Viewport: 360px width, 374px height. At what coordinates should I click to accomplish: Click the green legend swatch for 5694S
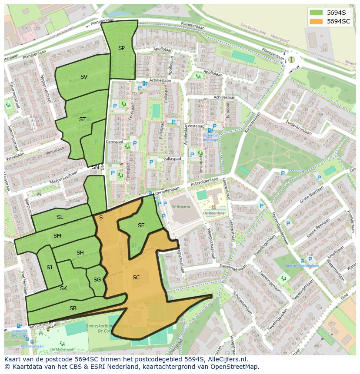[317, 13]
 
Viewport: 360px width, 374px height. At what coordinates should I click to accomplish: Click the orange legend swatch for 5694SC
[317, 21]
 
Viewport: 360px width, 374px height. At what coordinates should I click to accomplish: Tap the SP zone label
[121, 48]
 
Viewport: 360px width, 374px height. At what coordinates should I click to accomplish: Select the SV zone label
[84, 77]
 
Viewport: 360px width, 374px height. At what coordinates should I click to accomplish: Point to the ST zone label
[82, 119]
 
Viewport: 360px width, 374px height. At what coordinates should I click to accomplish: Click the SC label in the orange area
[136, 277]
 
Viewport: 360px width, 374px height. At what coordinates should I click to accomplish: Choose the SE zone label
[141, 225]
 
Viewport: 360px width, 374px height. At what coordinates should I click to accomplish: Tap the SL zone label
[60, 217]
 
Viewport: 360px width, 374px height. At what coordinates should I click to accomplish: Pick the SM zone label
[57, 235]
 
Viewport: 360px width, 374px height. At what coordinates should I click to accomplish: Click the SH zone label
[80, 253]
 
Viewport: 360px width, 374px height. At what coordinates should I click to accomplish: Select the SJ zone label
[49, 268]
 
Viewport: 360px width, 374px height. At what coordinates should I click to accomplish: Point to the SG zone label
[97, 280]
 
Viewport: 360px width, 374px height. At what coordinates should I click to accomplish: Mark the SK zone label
[63, 288]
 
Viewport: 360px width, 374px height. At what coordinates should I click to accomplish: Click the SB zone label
[73, 308]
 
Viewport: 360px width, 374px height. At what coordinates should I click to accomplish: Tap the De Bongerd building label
[180, 207]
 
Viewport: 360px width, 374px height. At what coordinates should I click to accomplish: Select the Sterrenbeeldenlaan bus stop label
[302, 265]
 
